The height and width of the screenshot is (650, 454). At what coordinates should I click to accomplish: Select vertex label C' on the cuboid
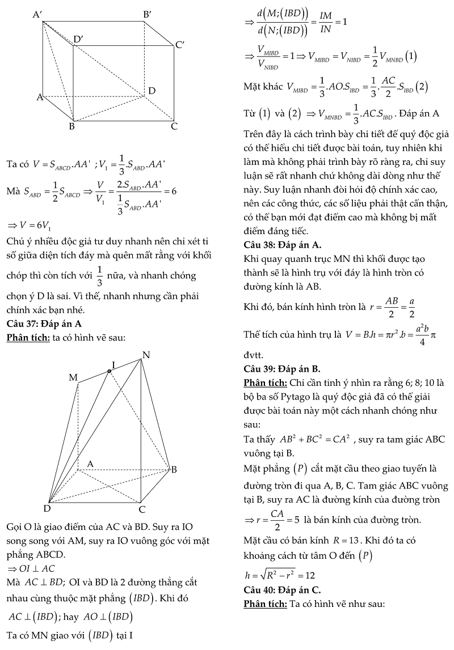pos(180,45)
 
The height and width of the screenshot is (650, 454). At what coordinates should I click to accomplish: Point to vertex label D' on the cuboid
pos(78,39)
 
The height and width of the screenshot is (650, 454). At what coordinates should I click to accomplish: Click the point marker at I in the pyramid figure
pos(110,371)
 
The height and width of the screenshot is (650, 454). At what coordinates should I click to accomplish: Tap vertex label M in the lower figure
pos(73,377)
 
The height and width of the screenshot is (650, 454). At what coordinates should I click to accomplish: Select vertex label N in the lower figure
pos(146,355)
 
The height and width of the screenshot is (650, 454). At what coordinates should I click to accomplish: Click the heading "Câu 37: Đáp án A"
pos(44,324)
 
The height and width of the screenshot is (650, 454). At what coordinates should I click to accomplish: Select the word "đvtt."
pos(253,355)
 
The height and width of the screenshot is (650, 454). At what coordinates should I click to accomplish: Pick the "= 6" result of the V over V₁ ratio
pos(170,192)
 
